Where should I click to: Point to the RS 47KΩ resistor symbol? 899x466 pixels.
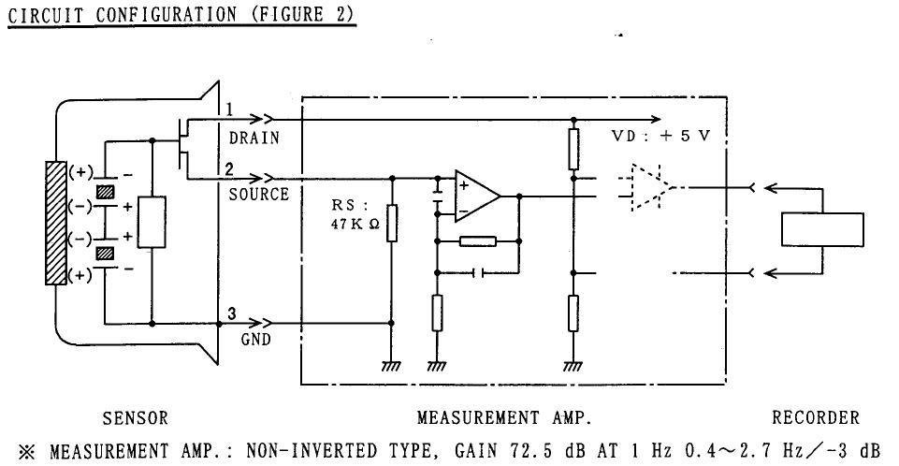coord(393,222)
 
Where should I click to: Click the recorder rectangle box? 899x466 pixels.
coord(822,229)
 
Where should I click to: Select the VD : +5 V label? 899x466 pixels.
coord(660,137)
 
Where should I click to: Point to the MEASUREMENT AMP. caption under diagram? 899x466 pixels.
coord(504,418)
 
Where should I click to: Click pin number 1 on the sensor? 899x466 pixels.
coord(227,110)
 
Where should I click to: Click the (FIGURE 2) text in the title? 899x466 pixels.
coord(300,16)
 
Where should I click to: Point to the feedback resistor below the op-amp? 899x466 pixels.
coord(478,241)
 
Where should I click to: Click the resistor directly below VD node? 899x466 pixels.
coord(573,147)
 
